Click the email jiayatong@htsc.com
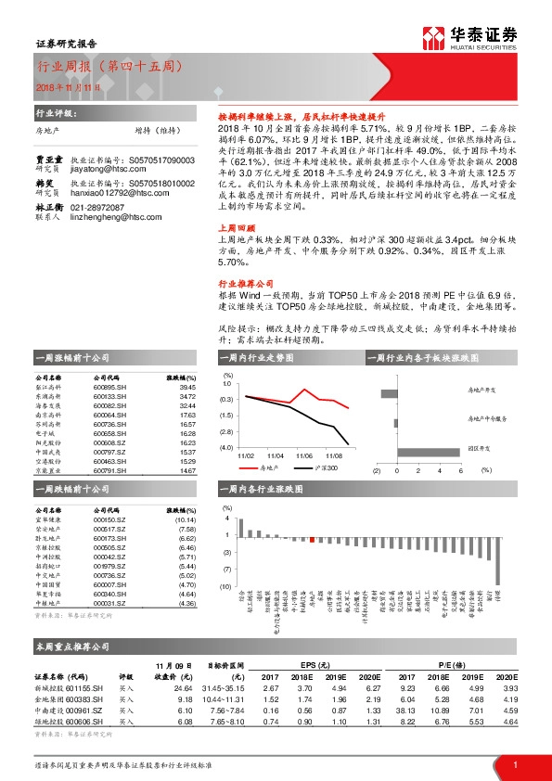[x=98, y=144]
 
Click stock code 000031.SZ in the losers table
[x=109, y=604]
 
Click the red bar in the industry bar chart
[x=312, y=539]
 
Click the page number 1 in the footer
[x=514, y=763]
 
